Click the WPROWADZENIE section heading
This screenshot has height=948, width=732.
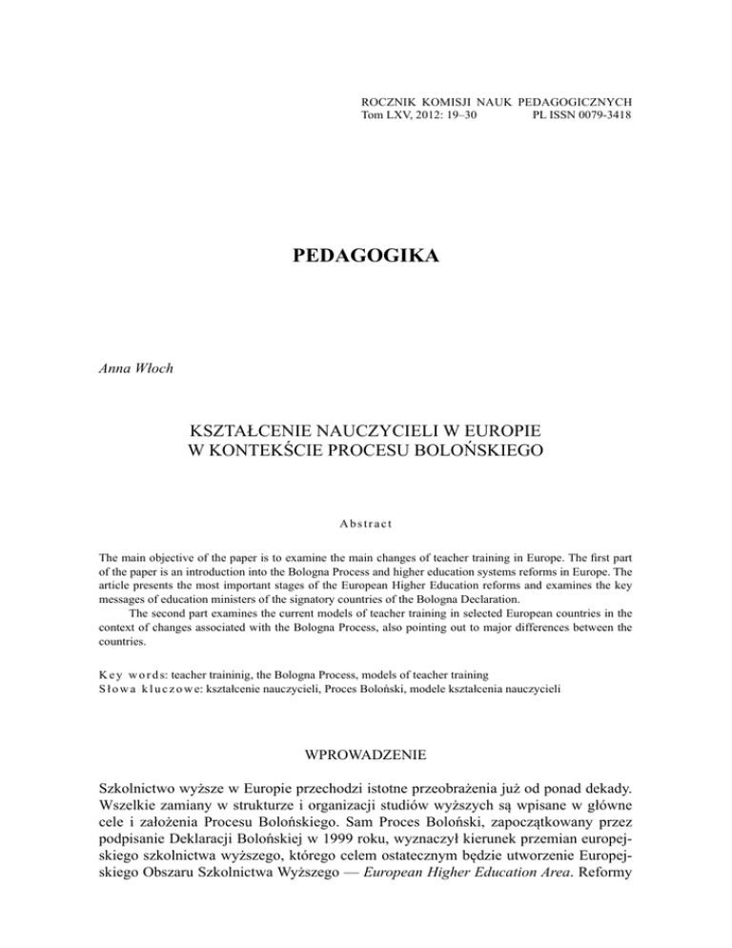click(x=366, y=791)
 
